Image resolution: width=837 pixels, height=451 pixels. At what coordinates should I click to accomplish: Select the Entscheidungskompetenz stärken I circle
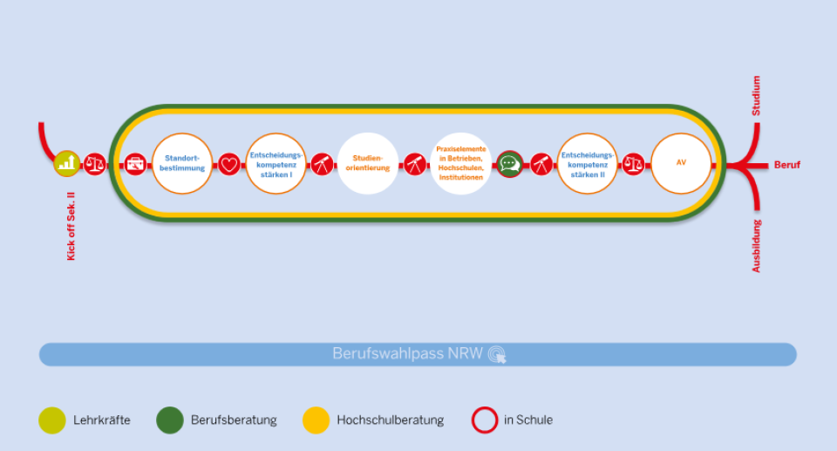(276, 163)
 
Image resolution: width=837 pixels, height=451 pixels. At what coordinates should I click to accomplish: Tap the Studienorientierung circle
(368, 163)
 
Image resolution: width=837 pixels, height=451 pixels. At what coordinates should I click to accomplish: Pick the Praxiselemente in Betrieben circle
(461, 163)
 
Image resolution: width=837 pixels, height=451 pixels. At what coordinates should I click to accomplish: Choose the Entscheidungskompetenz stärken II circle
(587, 163)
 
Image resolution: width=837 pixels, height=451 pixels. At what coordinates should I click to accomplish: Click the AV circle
(681, 163)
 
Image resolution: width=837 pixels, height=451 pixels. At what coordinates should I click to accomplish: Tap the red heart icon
(229, 164)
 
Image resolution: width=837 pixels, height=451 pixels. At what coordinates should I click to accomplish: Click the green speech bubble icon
(510, 164)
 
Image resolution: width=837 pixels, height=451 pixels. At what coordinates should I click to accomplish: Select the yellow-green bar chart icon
(67, 163)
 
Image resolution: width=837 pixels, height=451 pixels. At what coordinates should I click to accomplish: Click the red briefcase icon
(136, 164)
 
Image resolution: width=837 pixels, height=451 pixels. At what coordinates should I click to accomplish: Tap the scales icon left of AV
(634, 164)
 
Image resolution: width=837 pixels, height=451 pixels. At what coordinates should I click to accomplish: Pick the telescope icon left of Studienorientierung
(322, 164)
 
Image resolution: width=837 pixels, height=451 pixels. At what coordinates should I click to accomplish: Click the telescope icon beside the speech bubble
(541, 164)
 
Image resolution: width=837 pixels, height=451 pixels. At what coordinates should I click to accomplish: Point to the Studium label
(756, 97)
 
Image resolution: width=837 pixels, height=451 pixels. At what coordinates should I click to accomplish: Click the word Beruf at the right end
(786, 165)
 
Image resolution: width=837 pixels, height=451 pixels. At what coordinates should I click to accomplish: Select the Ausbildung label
(756, 245)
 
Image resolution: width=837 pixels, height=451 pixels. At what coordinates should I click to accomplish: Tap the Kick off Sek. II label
(71, 225)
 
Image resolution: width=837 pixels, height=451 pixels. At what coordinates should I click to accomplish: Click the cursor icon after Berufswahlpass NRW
(497, 354)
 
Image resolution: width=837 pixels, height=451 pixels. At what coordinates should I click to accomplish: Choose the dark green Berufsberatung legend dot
(169, 420)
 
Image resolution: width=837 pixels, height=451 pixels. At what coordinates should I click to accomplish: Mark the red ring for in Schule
(484, 420)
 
